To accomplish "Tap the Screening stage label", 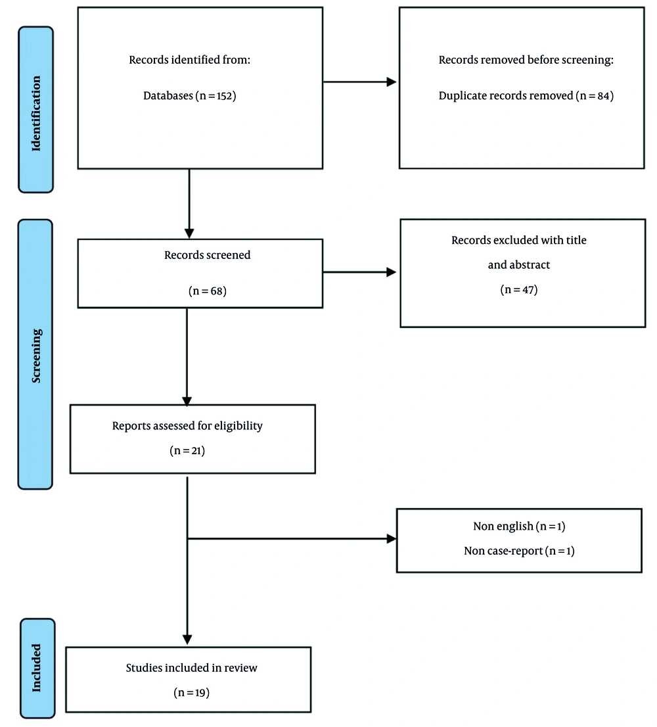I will [35, 355].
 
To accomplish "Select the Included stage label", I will [37, 667].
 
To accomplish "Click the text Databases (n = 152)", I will [189, 96].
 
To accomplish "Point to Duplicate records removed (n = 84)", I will [526, 96].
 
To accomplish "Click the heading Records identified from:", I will [191, 60].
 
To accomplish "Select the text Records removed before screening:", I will [526, 60].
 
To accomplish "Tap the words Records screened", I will [207, 254].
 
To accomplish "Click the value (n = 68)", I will [207, 290].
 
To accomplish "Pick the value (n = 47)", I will [519, 289].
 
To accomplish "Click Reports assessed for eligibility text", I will [187, 426].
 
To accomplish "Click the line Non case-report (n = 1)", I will [519, 551].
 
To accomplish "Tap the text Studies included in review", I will [192, 668].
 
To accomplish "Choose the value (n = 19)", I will [192, 692].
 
